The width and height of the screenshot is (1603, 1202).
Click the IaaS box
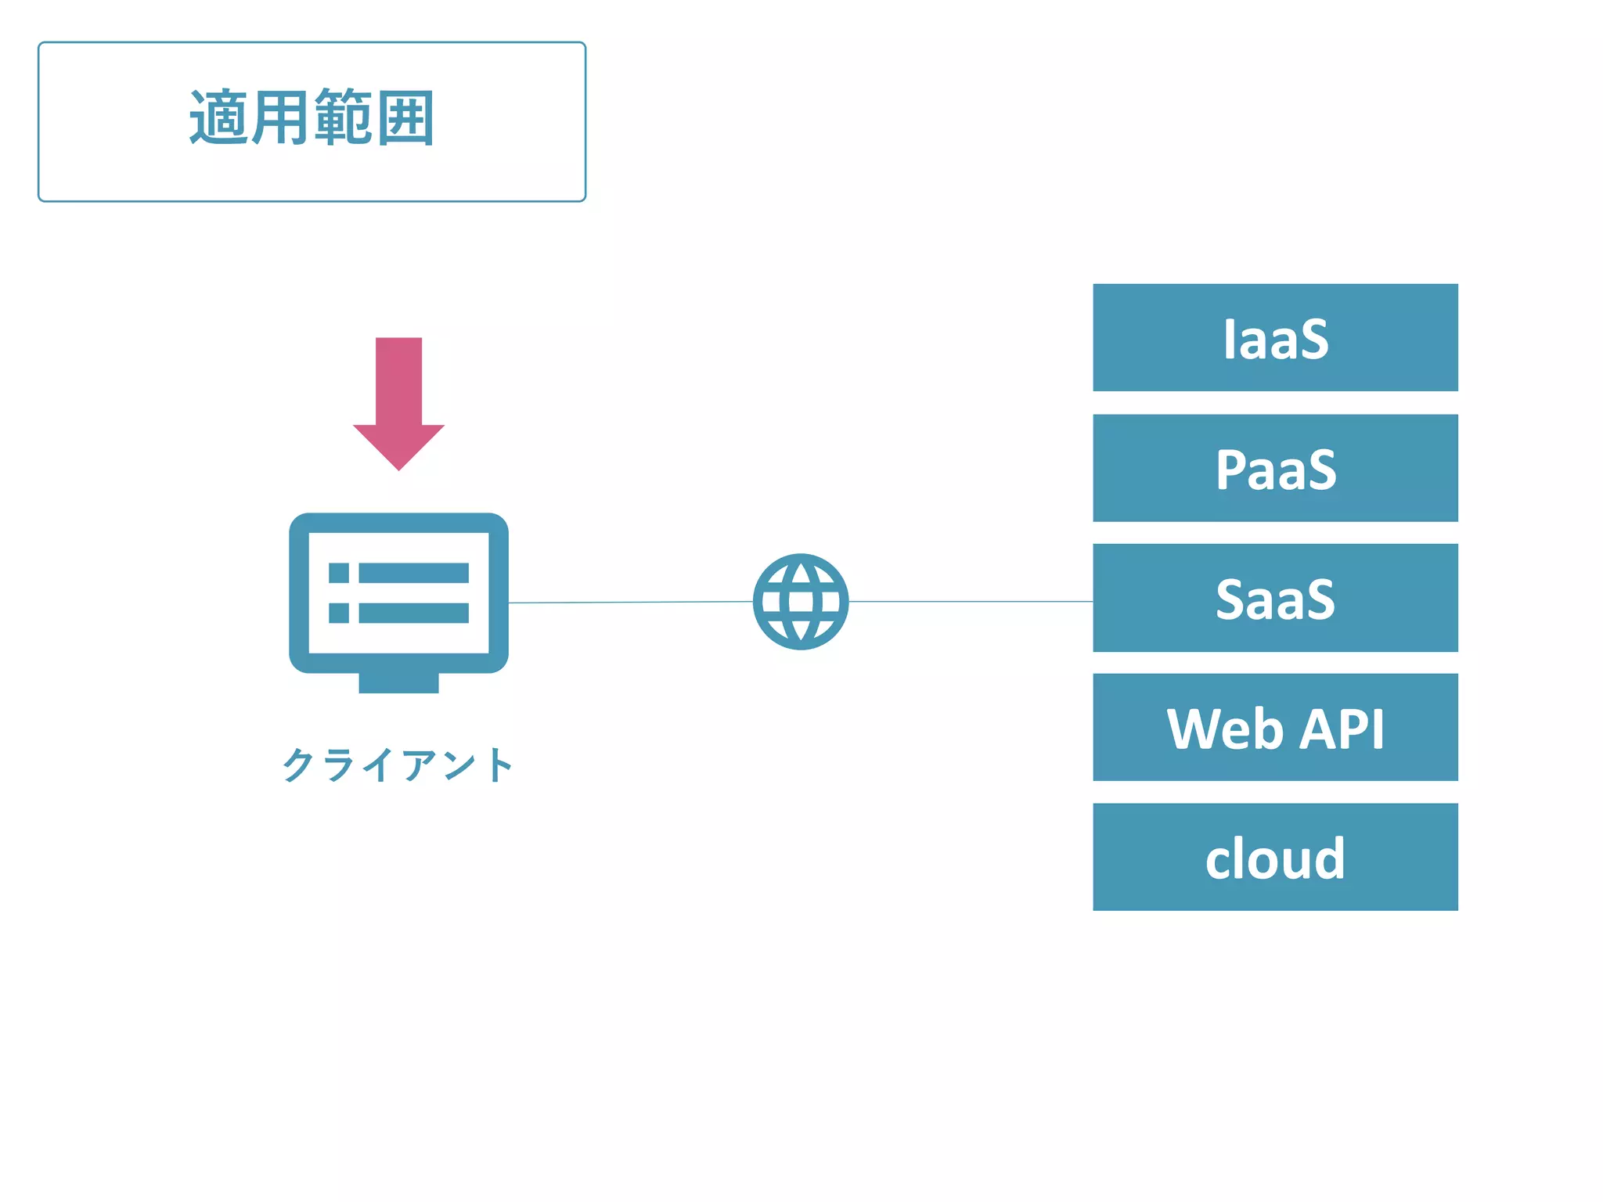(x=1275, y=337)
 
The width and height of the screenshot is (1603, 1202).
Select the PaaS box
(x=1275, y=468)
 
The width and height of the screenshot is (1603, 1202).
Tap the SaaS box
(x=1275, y=598)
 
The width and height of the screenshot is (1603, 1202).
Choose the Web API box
(x=1275, y=727)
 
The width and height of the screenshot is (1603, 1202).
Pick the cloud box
(x=1275, y=857)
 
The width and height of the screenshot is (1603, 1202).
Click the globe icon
(x=801, y=602)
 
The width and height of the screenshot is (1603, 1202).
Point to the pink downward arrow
(x=398, y=399)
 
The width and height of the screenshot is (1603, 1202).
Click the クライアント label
(x=398, y=765)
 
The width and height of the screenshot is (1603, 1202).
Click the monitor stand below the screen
(x=398, y=682)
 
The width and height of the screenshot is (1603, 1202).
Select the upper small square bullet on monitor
(x=339, y=573)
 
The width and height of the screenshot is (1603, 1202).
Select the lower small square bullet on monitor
(x=339, y=613)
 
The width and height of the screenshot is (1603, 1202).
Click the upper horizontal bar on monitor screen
(x=413, y=573)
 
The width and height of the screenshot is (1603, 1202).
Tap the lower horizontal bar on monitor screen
(x=413, y=613)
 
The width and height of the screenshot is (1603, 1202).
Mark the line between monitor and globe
(x=630, y=602)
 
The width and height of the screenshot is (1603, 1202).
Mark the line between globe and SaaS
(x=971, y=601)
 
